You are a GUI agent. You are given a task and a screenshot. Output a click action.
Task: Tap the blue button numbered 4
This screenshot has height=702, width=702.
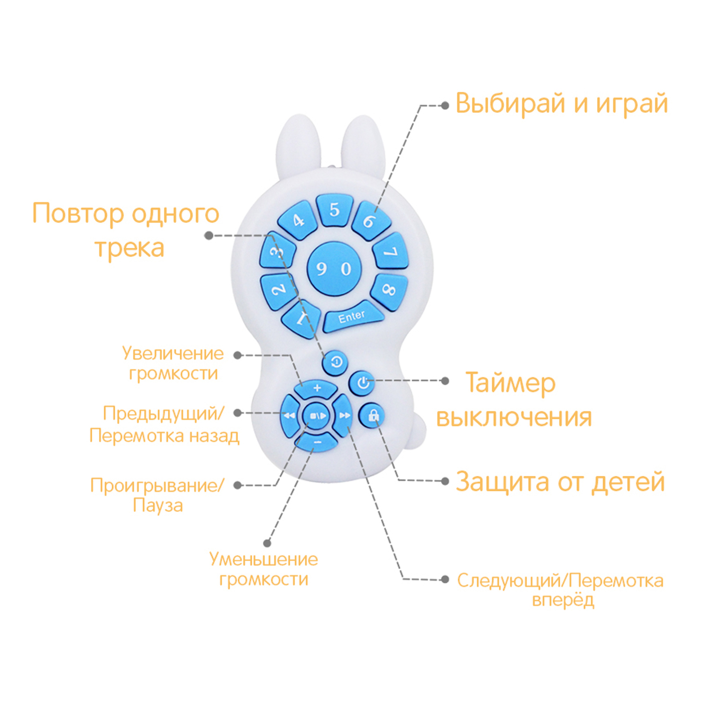pos(298,220)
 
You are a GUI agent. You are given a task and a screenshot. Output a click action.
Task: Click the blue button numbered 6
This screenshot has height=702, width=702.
pos(370,221)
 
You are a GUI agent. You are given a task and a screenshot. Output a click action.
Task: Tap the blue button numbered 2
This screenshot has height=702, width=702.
pos(279,290)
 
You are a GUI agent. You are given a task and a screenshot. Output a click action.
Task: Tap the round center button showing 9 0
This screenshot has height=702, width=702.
pos(334,269)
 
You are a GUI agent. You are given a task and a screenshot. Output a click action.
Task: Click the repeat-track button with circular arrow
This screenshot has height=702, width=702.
pos(335,362)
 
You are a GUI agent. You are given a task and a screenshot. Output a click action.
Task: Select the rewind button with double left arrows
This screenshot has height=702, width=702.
pos(289,415)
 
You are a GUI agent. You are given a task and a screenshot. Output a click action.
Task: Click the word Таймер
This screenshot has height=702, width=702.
pos(510,384)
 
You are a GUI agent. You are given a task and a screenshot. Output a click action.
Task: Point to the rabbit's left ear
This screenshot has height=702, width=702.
pos(299,145)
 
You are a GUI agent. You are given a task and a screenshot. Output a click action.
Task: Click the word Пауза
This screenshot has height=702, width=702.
pos(157,505)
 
